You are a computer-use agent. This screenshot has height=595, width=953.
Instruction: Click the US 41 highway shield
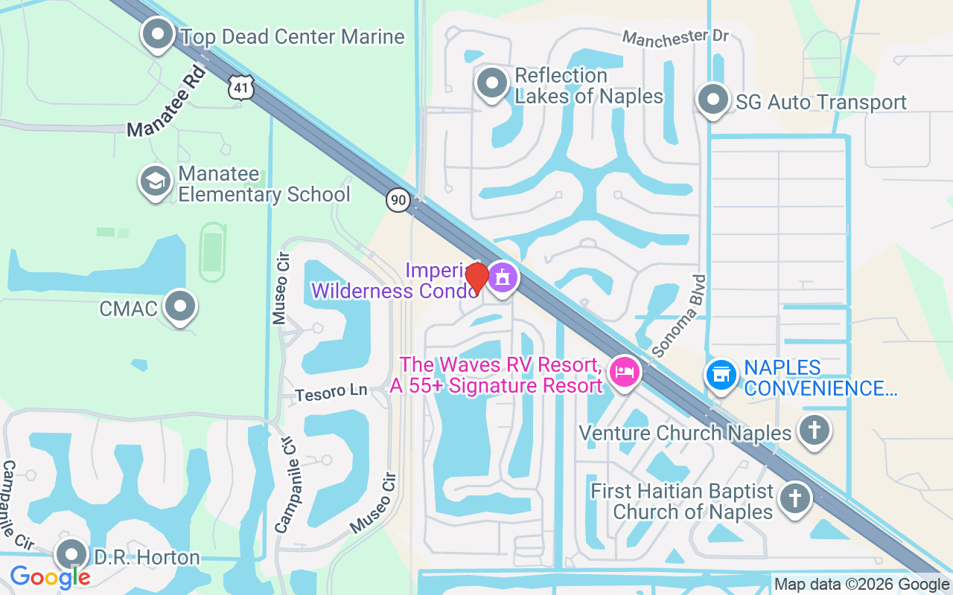[x=242, y=87]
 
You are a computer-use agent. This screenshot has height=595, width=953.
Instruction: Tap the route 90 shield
[x=398, y=199]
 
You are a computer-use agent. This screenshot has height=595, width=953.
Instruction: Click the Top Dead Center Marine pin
[x=158, y=35]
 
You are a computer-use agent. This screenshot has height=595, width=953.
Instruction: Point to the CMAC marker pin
[x=179, y=306]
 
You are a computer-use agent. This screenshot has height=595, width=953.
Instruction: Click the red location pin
[x=477, y=277]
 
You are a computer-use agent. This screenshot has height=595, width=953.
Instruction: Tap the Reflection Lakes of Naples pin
[x=491, y=84]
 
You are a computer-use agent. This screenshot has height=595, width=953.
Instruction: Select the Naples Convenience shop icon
[x=721, y=375]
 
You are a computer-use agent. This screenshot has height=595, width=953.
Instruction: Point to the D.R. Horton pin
[x=72, y=555]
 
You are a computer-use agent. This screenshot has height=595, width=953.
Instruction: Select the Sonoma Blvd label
[x=678, y=315]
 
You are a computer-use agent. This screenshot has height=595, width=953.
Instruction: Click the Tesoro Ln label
[x=331, y=393]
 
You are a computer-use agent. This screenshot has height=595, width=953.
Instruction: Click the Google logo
[x=50, y=576]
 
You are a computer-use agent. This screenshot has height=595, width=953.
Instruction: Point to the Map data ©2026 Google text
[x=861, y=585]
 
